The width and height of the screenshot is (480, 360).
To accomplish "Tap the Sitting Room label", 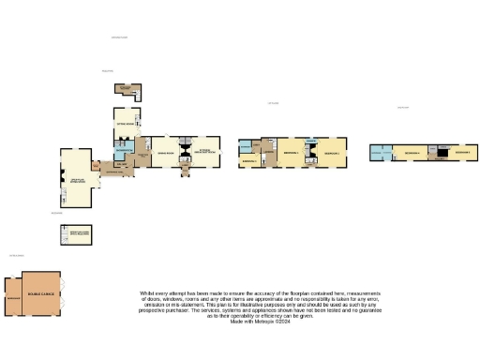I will coord(126,123).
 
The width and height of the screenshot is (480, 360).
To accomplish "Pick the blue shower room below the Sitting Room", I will coord(124,148).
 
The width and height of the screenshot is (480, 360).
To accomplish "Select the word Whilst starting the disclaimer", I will coord(147,293).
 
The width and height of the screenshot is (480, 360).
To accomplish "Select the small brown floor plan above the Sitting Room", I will coord(126,90).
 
